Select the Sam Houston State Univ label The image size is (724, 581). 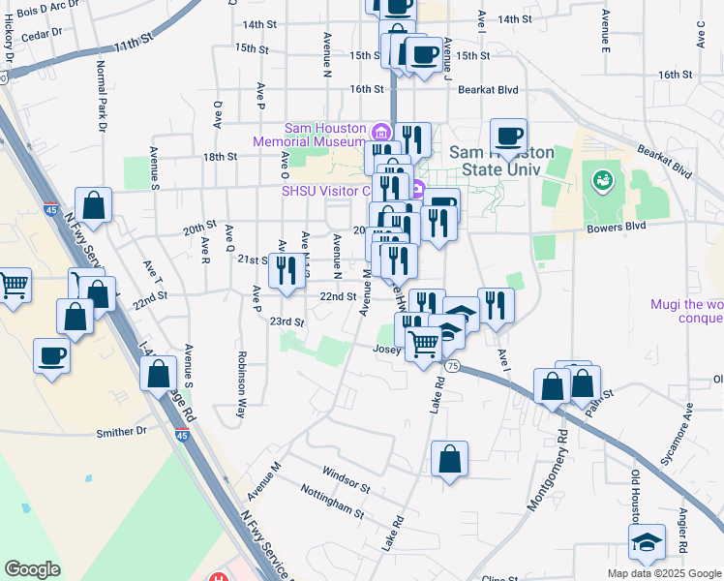coord(501,161)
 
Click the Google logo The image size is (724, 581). coord(32,569)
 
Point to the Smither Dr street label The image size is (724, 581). coord(120,432)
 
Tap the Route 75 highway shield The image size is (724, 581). coord(452,365)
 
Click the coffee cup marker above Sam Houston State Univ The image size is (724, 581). coord(508,136)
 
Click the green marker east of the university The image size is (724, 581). coord(602,179)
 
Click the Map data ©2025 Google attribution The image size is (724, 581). coord(664,573)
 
